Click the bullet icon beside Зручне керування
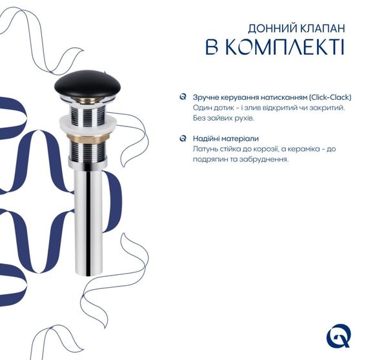click(183, 97)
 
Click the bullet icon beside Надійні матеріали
click(183, 138)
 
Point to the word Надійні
click(205, 139)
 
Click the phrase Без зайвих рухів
click(223, 119)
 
